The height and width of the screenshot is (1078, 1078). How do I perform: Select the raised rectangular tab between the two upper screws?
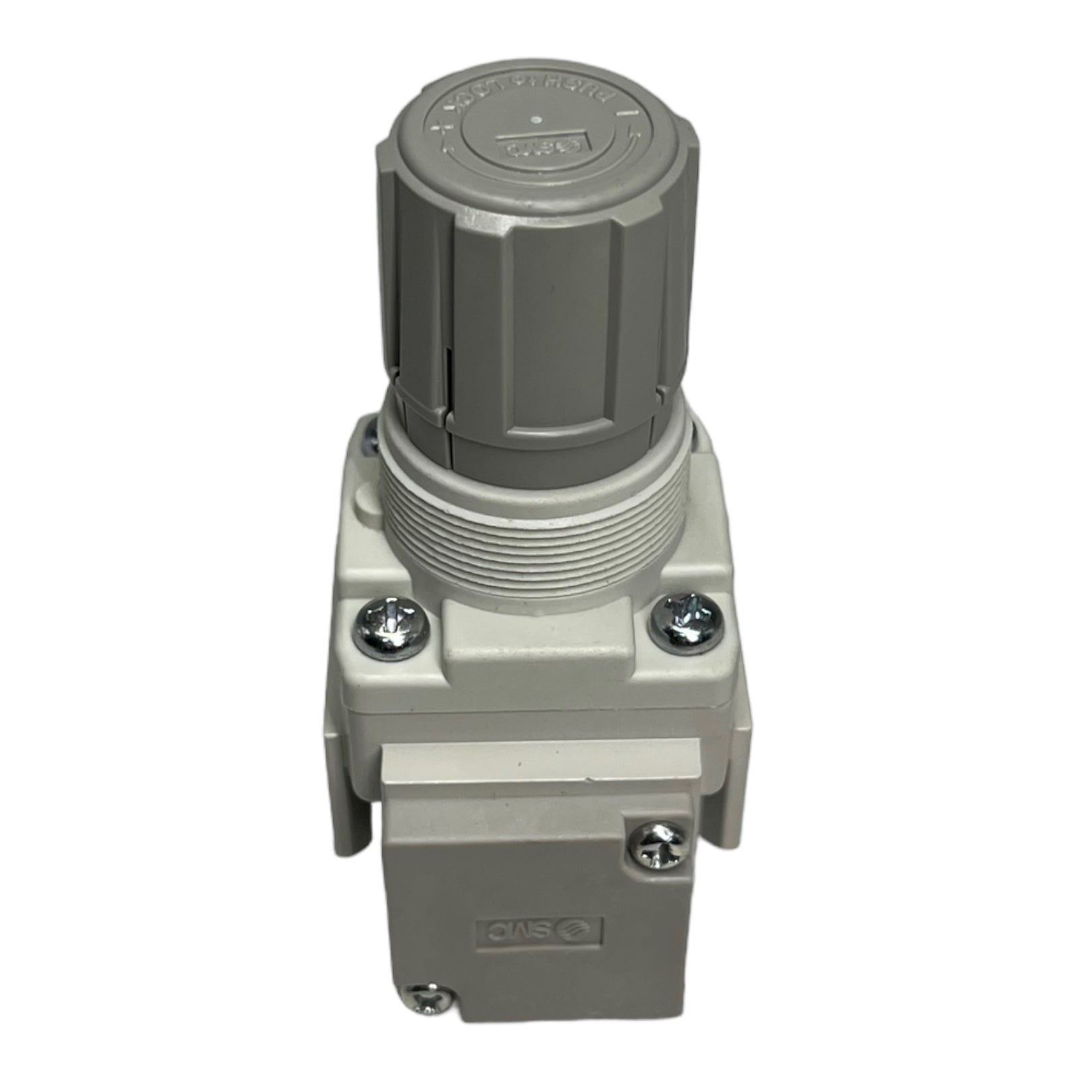coord(537,630)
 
